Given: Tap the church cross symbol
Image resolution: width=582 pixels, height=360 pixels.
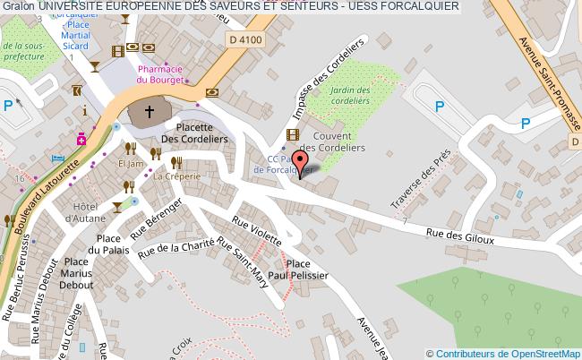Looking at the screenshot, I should click(x=148, y=113).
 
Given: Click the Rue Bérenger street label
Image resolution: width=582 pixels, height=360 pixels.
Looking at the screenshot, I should click(x=158, y=219).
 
